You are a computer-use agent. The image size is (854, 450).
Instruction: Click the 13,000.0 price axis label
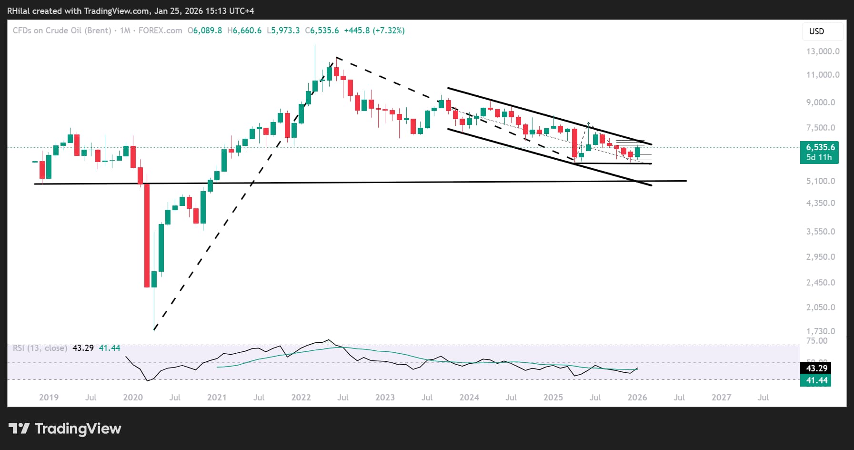[823, 51]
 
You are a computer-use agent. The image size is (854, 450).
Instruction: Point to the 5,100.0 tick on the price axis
[821, 181]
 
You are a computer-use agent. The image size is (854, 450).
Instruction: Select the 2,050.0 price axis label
[821, 307]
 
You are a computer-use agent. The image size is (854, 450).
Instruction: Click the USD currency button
[816, 31]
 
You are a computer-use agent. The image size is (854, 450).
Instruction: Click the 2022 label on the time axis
[301, 398]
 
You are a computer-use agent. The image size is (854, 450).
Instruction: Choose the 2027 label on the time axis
[721, 398]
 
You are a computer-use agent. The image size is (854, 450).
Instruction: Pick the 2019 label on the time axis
[49, 398]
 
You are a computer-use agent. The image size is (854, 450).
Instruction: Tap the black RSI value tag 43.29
[816, 368]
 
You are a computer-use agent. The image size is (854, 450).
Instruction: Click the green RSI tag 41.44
[816, 380]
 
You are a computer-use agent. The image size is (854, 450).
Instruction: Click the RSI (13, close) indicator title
[40, 348]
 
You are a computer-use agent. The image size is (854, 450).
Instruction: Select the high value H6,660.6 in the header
[244, 31]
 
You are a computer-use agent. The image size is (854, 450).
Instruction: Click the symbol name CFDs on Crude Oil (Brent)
[62, 31]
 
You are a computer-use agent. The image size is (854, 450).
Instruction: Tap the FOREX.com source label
[160, 31]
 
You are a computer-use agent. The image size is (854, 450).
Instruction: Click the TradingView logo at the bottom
[65, 429]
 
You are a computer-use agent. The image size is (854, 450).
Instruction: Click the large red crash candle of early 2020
[147, 235]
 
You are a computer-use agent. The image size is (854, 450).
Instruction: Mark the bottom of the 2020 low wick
[154, 330]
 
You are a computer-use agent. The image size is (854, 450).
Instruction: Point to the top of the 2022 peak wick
[315, 45]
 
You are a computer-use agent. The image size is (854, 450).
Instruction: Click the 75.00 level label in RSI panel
[816, 341]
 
